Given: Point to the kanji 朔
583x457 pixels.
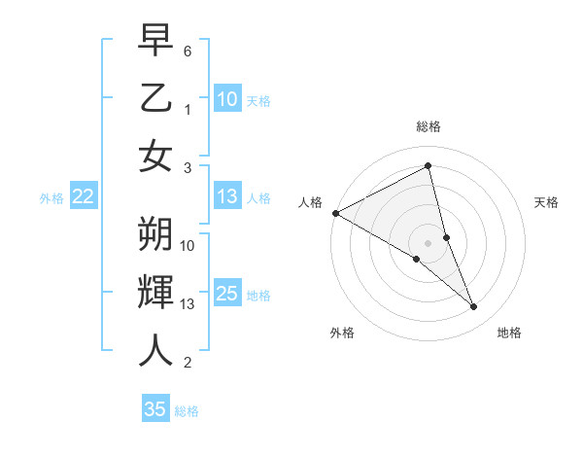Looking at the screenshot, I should pos(155,233).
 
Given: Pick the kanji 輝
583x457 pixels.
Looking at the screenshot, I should pos(155,292).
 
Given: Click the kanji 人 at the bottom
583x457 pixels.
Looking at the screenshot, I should pos(155,350).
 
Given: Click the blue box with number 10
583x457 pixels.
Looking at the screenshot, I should pos(227,98).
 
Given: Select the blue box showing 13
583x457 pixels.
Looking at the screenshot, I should pos(227,196).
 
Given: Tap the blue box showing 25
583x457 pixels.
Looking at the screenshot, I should pos(227,294).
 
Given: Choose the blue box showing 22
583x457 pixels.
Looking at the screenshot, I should pos(84,196).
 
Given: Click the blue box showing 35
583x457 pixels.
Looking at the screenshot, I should pos(155,409).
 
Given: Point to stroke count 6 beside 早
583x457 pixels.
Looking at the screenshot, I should pos(189,51).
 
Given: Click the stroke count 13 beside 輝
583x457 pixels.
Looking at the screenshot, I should pos(189,304).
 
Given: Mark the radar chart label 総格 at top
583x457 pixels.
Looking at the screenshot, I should pos(428,126).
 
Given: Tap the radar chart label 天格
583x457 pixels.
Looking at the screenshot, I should pos(547,202).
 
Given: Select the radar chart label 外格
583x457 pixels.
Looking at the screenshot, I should pos(342,333).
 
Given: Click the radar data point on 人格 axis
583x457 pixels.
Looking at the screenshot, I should pos(335,213).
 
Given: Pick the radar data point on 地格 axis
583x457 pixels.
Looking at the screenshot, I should pos(474,307).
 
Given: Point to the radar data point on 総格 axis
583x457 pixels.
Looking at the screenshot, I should pos(428,167).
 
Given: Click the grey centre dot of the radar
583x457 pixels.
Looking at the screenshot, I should pos(428,242).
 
